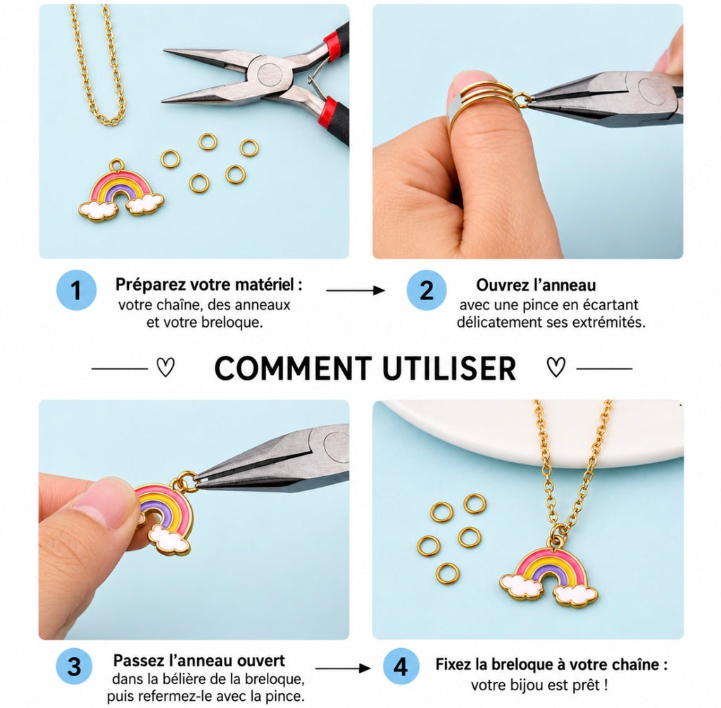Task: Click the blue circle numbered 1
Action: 76,290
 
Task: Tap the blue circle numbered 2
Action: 426,290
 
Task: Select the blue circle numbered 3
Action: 75,666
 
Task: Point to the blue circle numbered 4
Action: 401,666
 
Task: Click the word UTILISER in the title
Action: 449,368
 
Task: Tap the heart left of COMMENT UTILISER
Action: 165,367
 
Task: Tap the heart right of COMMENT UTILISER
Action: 556,367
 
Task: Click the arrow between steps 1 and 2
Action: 356,290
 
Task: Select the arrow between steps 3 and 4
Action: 343,668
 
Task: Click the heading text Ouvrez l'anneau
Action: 536,285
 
